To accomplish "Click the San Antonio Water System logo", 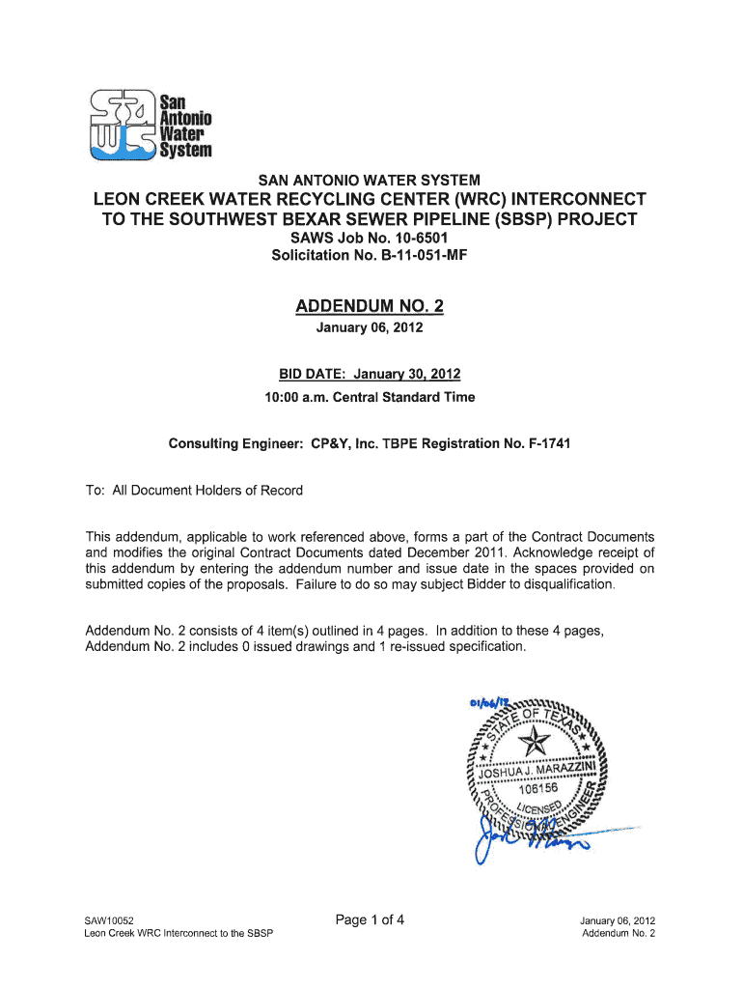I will [x=149, y=123].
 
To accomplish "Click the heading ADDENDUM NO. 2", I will [x=370, y=307].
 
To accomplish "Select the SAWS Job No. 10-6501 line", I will [x=370, y=238].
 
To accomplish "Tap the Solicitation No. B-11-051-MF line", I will [x=370, y=255].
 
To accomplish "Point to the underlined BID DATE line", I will [x=370, y=375].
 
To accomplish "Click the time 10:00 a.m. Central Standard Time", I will [x=370, y=397].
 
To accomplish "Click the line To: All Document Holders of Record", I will [x=194, y=491].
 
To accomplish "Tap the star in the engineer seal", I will [x=534, y=743].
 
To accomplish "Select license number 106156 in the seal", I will [x=531, y=788].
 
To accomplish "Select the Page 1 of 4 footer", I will [x=370, y=920].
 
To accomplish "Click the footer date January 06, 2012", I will [x=618, y=921].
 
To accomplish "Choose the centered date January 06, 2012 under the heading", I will [x=370, y=328].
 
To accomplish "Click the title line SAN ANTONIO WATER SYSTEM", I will [x=370, y=180].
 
